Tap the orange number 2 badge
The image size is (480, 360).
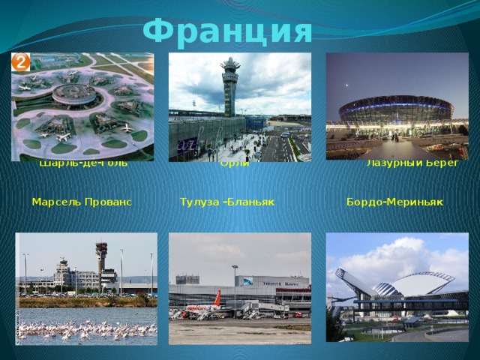[20, 62]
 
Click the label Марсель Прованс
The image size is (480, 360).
[82, 202]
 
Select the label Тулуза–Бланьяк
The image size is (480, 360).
[227, 202]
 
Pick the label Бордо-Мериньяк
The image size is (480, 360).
[395, 202]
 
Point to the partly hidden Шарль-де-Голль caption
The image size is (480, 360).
[83, 163]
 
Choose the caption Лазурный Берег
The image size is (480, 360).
[412, 163]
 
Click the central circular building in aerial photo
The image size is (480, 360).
[76, 93]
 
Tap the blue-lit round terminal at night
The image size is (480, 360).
[395, 111]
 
